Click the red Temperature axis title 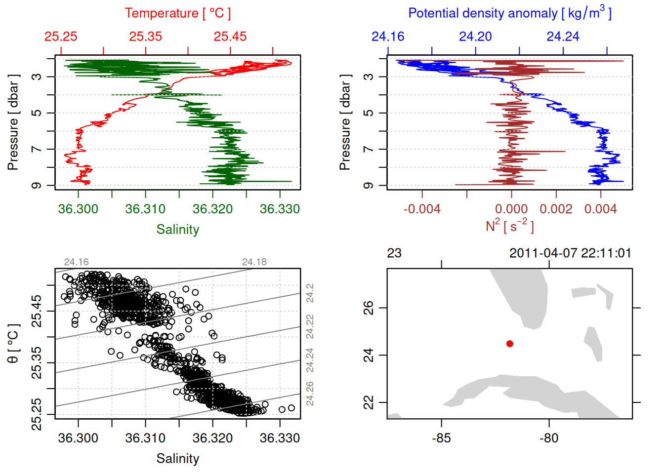(x=177, y=13)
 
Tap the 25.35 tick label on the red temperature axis (x=146, y=37)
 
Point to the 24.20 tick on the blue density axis (x=475, y=37)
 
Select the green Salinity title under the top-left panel (x=177, y=230)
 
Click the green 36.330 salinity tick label (x=280, y=209)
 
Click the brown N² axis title (x=509, y=226)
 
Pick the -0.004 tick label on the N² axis (x=422, y=209)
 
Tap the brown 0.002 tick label (x=556, y=209)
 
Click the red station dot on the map (x=510, y=344)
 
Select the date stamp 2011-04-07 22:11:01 (x=570, y=253)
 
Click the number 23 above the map (x=394, y=253)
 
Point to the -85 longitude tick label (x=441, y=438)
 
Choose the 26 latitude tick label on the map (x=369, y=308)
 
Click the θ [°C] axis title (x=13, y=344)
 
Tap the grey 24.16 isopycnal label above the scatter (x=76, y=262)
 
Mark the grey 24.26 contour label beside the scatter (x=310, y=394)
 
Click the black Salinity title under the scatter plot (x=177, y=459)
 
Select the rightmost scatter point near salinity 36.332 (x=291, y=408)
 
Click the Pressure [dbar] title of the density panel (x=345, y=122)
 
